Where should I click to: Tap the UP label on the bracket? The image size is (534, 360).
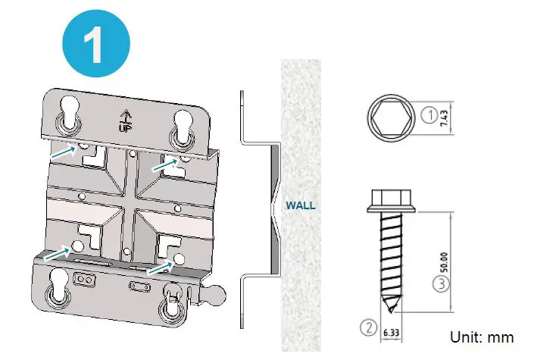click(x=126, y=120)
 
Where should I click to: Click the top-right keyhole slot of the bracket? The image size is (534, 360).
click(x=182, y=125)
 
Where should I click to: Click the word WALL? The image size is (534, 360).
click(x=300, y=205)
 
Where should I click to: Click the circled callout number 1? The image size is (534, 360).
click(x=429, y=116)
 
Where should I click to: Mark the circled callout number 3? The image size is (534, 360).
click(x=439, y=285)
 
